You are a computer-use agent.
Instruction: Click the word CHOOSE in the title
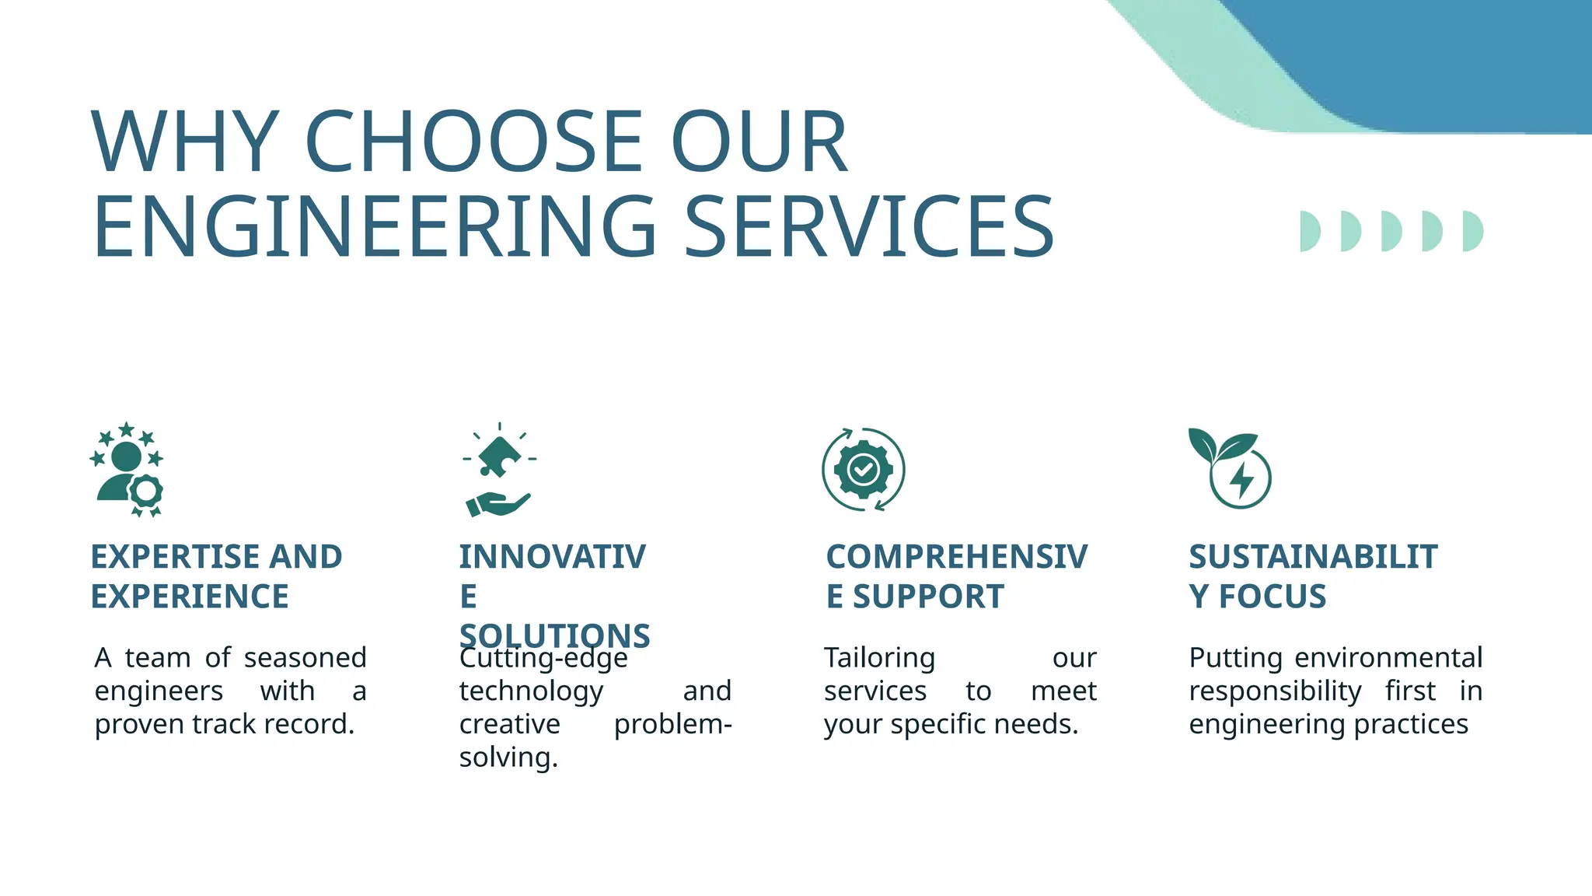tap(474, 142)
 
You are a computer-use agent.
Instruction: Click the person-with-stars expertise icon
tap(127, 470)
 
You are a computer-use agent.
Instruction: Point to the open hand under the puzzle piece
tap(497, 504)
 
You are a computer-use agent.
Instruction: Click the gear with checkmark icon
tap(863, 470)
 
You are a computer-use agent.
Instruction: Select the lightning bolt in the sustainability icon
tap(1241, 480)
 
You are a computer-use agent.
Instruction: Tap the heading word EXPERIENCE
tap(190, 597)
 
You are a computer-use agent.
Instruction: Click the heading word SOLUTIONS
tap(554, 635)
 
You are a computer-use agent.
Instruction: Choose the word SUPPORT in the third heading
tap(928, 597)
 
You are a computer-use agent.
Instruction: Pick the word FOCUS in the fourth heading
tap(1272, 597)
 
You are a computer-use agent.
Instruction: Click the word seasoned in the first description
tap(305, 658)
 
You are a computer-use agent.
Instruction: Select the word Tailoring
tap(879, 659)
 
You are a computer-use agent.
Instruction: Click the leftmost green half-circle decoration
tap(1309, 231)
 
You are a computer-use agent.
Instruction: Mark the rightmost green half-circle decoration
tap(1472, 231)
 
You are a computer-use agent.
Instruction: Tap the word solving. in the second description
tap(508, 758)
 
